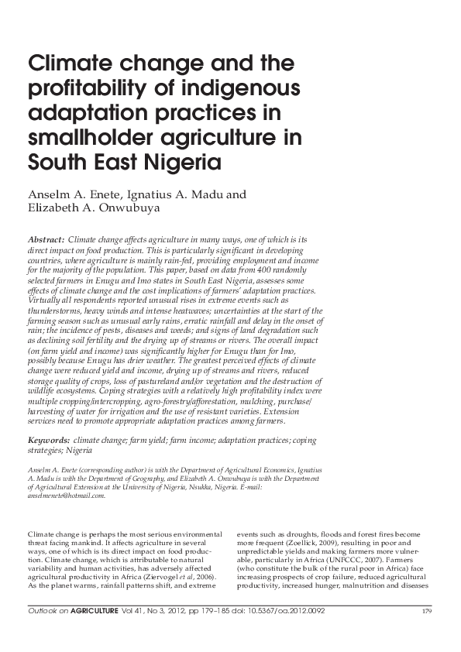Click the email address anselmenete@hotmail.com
click(66, 496)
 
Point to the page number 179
click(425, 612)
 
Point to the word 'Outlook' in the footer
click(40, 611)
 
